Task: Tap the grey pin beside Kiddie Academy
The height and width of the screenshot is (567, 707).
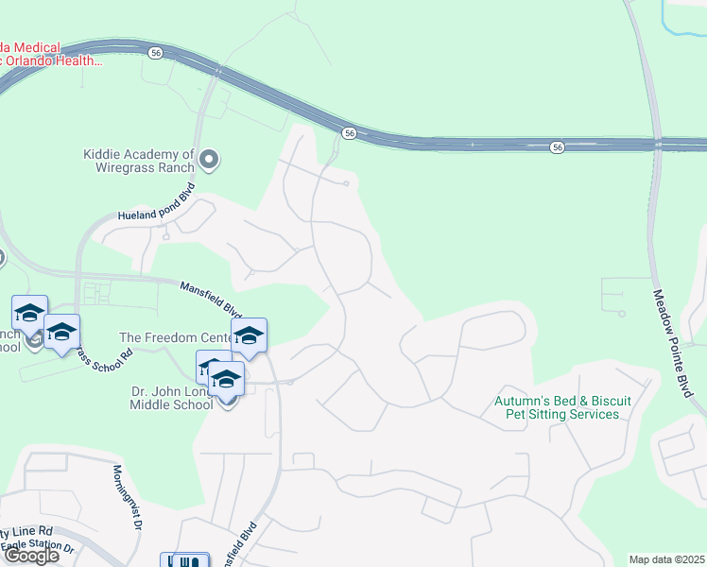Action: point(210,161)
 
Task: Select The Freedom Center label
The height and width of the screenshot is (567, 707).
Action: point(177,337)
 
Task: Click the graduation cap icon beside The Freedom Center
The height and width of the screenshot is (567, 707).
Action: point(249,335)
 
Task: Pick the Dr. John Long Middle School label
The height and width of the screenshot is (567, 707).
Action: point(171,398)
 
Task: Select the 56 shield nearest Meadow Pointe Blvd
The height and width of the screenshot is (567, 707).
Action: point(559,147)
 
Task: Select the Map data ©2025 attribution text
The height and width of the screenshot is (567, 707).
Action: point(667,558)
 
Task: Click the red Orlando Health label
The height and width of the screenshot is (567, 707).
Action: point(51,54)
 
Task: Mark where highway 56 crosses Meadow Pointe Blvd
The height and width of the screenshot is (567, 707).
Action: point(656,146)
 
